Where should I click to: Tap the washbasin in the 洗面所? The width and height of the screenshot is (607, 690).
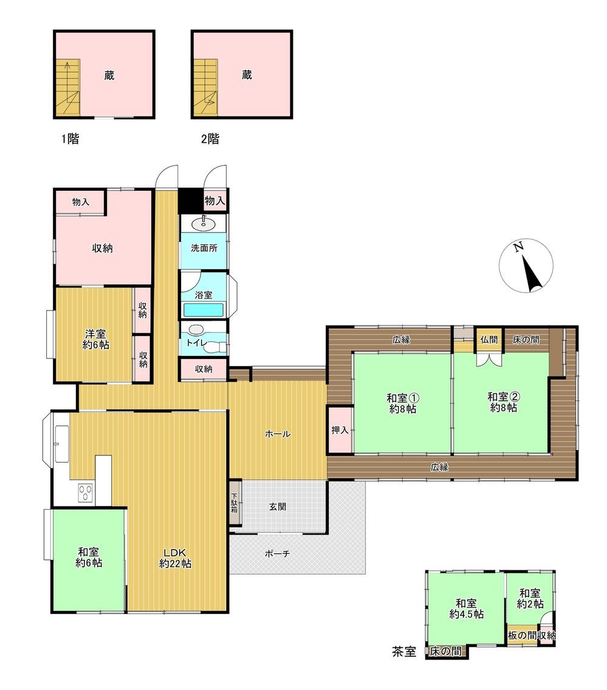coord(204,223)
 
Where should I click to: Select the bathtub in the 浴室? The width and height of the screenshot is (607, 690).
coord(203,310)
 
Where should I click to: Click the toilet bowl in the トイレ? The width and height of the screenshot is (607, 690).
coord(216,347)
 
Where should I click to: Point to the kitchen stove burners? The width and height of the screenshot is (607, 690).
coord(85,493)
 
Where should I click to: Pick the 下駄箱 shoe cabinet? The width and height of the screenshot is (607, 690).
coord(235,502)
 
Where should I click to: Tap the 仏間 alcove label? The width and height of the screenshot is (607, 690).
coord(489,340)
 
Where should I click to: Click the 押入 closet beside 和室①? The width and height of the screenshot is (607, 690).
coord(340,430)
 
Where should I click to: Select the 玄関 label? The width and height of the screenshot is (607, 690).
coord(277,507)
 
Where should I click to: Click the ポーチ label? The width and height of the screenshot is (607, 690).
coord(277,553)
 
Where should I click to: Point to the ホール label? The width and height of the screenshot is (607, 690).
coord(277,434)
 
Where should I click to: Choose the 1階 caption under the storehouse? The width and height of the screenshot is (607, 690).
coord(70,139)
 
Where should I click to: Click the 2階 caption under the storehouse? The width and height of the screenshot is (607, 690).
coord(210,139)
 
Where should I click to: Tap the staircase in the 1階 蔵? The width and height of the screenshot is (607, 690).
coord(67,88)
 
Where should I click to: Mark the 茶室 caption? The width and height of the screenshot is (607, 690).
coord(403,651)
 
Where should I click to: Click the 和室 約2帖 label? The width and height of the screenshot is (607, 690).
coord(530,598)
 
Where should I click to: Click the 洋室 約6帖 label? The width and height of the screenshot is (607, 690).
coord(96,340)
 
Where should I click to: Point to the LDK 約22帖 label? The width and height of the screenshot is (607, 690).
coord(175,558)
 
